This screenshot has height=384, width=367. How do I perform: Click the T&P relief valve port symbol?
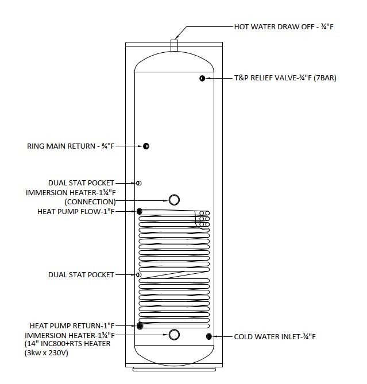202,78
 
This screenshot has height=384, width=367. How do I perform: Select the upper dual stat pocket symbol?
139,183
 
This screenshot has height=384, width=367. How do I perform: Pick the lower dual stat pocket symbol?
139,275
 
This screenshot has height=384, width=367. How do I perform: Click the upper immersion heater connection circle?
173,199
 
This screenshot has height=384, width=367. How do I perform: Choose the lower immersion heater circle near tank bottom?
173,334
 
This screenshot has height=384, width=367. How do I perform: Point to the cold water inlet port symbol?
209,336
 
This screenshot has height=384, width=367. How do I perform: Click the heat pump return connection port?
140,326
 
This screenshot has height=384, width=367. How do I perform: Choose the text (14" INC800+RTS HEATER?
67,344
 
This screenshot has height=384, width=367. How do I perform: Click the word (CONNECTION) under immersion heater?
90,202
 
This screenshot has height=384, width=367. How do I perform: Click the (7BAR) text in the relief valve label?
324,78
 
